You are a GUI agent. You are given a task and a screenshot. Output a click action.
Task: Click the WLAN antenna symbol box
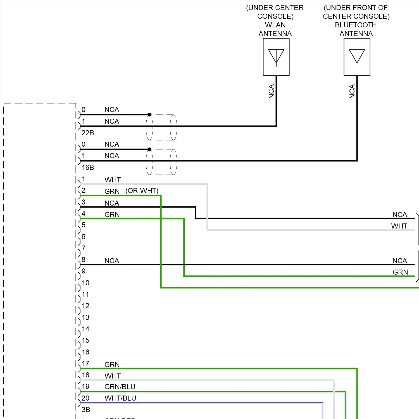[x=276, y=57]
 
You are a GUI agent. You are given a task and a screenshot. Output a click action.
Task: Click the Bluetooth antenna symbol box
[x=357, y=57]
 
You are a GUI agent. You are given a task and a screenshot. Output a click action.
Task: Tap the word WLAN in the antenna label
[x=275, y=25]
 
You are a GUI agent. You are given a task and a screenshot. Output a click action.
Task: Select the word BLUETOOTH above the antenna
[x=356, y=25]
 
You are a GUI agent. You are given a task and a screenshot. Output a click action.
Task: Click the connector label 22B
[x=88, y=133]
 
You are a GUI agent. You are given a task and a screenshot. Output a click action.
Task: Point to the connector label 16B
[x=88, y=168]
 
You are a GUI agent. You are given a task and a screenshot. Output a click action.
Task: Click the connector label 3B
[x=86, y=410]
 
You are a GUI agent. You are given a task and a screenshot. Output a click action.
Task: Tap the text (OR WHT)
[x=142, y=191]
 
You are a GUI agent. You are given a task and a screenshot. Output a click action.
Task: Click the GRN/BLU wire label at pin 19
[x=120, y=387]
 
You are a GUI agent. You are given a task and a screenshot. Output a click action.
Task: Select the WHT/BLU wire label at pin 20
[x=120, y=398]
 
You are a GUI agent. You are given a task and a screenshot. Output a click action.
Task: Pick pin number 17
[x=85, y=364]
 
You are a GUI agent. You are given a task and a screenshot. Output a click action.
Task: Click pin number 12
[x=85, y=306]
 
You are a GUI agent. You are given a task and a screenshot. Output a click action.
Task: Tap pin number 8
[x=84, y=260]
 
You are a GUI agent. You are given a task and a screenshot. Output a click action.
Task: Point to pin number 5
[x=84, y=225]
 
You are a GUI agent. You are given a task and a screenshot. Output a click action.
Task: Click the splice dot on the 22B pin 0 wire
[x=149, y=115]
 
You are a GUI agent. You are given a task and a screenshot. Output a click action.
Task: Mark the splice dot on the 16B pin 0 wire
[x=149, y=149]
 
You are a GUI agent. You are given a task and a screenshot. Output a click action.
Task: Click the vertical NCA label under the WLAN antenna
[x=271, y=92]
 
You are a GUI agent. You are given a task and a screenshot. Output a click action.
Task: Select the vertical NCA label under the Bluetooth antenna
[x=352, y=92]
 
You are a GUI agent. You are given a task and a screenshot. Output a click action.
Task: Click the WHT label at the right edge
[x=399, y=226]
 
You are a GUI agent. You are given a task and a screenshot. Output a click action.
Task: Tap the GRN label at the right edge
[x=400, y=272]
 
